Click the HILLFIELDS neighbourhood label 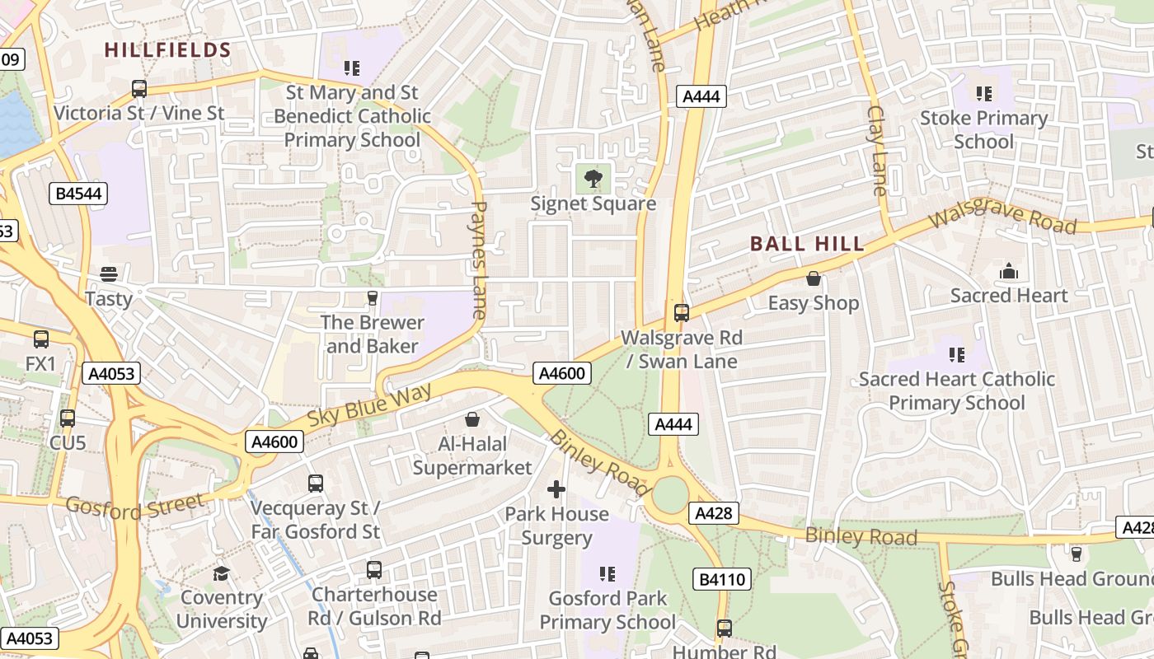(x=167, y=50)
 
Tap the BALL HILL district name (x=807, y=244)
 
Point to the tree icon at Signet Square (x=592, y=178)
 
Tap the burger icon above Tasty (x=109, y=273)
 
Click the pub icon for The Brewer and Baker (x=372, y=297)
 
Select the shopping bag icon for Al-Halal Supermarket (x=472, y=419)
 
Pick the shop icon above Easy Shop (x=814, y=278)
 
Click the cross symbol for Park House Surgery (x=556, y=489)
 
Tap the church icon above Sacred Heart (x=1008, y=271)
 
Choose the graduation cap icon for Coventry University (x=221, y=573)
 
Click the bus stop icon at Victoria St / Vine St (x=139, y=89)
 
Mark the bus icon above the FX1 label (x=41, y=339)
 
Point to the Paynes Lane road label (x=479, y=259)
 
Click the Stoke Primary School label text (x=983, y=129)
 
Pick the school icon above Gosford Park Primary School (x=607, y=573)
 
